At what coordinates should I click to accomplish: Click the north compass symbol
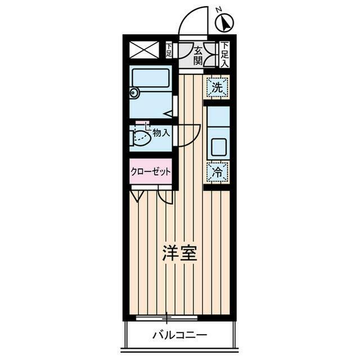coord(225,23)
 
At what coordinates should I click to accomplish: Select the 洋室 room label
coord(180,253)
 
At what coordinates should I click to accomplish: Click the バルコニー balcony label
coord(180,335)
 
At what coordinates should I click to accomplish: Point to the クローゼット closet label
coord(151,172)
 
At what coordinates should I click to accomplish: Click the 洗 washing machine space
coord(217,87)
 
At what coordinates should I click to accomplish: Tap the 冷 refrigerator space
coord(217,172)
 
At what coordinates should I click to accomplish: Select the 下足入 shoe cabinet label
coord(225,55)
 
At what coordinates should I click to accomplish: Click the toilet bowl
coord(140,138)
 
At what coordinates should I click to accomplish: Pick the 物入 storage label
coord(161,133)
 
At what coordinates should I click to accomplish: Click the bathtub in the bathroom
coord(151,78)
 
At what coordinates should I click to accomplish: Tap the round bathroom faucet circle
coord(133,93)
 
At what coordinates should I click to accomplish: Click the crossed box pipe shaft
coord(144,50)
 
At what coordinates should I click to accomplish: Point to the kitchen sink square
coord(219,147)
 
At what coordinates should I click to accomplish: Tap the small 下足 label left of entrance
coord(169,50)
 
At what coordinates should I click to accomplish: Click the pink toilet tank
coord(142,123)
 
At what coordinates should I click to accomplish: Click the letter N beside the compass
coord(219,10)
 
